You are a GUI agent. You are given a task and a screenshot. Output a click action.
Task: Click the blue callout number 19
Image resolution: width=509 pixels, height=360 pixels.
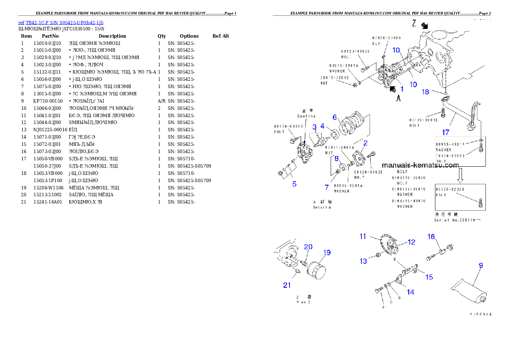327,252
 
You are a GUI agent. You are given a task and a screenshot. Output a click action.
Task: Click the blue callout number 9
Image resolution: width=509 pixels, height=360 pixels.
481,266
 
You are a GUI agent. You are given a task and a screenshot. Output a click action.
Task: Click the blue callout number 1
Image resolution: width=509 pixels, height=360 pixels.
402,89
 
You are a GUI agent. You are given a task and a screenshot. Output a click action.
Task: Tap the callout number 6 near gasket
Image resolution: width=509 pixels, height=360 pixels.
335,117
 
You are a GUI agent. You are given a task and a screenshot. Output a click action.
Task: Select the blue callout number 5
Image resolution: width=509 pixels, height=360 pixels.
294,184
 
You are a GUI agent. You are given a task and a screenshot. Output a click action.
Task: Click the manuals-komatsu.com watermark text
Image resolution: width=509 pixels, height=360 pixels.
420,165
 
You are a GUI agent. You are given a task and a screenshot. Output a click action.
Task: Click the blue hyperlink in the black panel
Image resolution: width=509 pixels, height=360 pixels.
61,23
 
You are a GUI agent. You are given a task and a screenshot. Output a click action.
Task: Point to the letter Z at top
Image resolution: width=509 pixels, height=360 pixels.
414,24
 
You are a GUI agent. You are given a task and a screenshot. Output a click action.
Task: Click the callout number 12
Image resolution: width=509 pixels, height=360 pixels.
411,242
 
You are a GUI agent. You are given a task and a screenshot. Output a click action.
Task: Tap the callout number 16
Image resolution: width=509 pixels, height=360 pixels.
431,237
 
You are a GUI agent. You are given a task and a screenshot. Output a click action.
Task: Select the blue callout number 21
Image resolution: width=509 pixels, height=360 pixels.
287,285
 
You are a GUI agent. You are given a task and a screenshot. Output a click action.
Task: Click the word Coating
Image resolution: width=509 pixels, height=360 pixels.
306,116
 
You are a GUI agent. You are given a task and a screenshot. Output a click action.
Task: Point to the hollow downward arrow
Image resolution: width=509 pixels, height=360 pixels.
460,175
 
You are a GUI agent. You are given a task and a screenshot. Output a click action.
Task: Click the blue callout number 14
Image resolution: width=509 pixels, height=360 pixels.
410,292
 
